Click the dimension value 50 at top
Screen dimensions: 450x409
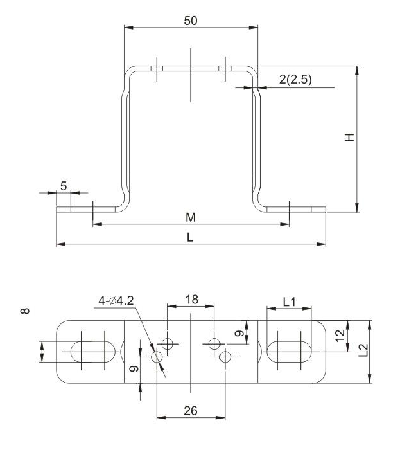pos(191,20)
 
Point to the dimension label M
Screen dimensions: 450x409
pos(191,217)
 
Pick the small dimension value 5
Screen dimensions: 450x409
pos(64,186)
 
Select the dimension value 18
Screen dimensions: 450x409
pos(191,300)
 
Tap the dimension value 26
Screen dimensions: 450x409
pos(191,411)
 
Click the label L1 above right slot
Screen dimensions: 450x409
pos(288,300)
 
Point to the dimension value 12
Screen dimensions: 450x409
pos(340,333)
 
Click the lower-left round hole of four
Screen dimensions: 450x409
pos(157,356)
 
